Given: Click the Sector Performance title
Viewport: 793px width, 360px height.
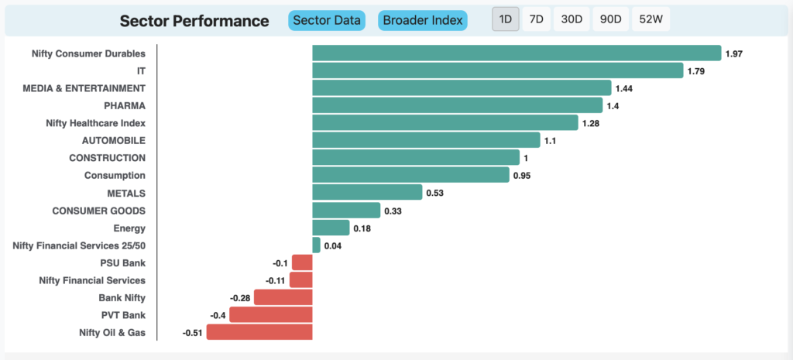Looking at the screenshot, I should pos(194,21).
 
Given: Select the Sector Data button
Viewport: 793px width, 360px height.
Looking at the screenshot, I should pos(326,20).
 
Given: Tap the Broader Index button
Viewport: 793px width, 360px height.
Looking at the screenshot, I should pos(423,20).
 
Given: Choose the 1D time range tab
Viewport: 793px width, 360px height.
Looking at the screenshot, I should pos(506,20).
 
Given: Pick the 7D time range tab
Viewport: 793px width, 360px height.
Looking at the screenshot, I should pos(535,20).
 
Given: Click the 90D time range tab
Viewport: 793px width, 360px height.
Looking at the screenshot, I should pos(610,20).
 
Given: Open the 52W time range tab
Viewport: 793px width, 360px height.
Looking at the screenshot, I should pos(651,20).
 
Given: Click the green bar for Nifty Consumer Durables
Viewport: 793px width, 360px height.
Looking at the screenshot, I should pos(517,53).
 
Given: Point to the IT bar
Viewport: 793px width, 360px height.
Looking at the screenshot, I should pos(497,70).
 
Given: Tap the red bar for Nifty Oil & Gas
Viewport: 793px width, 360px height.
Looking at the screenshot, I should pos(259,332).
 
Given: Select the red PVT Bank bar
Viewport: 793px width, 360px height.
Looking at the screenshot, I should pos(271,315).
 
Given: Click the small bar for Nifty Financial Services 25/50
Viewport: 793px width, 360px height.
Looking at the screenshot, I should pos(316,245).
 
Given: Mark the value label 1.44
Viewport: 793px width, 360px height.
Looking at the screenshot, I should pos(624,88).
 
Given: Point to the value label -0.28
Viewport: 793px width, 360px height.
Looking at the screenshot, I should pos(240,298).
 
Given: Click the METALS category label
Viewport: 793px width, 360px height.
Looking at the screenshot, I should pos(126,193).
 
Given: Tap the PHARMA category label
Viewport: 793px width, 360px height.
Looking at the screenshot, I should pos(125,105).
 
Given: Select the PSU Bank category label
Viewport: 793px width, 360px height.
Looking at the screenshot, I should pos(124,262).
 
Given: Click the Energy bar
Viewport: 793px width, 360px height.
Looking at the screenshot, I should pos(331,228).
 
